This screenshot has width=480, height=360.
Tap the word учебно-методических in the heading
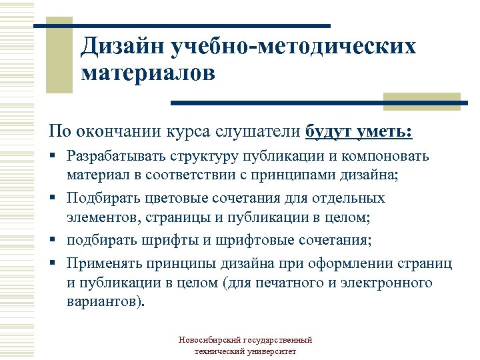tap(293, 47)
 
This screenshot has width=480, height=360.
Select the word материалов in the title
tap(148, 73)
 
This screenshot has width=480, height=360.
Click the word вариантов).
tap(104, 301)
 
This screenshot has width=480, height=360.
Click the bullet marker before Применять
tap(57, 265)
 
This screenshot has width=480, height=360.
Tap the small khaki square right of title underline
tap(422, 101)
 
